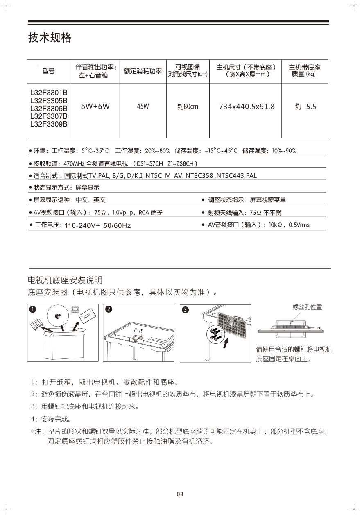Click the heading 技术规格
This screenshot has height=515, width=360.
click(x=50, y=38)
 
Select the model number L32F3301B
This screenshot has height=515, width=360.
click(x=49, y=92)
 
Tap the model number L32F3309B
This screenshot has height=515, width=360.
click(x=49, y=124)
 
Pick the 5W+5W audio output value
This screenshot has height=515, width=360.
click(x=95, y=107)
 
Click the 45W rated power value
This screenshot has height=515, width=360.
click(x=143, y=107)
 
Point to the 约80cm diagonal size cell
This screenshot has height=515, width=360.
click(x=188, y=107)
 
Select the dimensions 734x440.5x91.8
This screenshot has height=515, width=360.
click(x=247, y=107)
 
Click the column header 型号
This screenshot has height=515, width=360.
click(x=48, y=71)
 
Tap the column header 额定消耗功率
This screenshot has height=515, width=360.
click(x=143, y=71)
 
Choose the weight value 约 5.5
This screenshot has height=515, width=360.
click(x=306, y=107)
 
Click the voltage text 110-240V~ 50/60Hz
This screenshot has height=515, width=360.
click(x=97, y=226)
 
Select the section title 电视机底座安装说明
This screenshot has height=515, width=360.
click(x=64, y=280)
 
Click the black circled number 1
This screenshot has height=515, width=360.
click(x=33, y=309)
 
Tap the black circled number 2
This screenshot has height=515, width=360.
click(x=108, y=309)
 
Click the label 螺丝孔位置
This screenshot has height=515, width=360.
click(x=307, y=307)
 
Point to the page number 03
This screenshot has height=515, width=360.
click(x=180, y=494)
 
